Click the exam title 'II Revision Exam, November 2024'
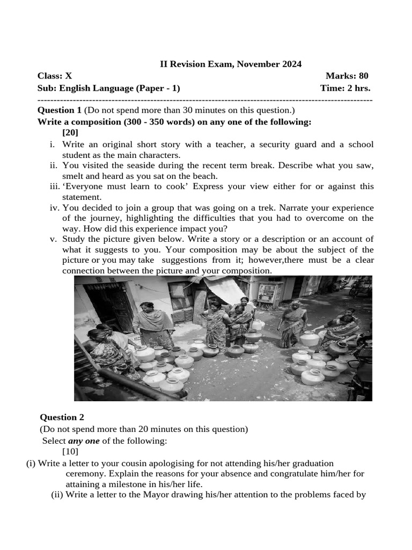[231, 64]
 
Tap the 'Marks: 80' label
[347, 76]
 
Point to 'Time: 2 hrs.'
[345, 88]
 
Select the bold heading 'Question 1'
[60, 110]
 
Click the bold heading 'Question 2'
[62, 417]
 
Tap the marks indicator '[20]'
[70, 132]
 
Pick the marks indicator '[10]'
[70, 451]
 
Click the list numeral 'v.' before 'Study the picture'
[53, 239]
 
